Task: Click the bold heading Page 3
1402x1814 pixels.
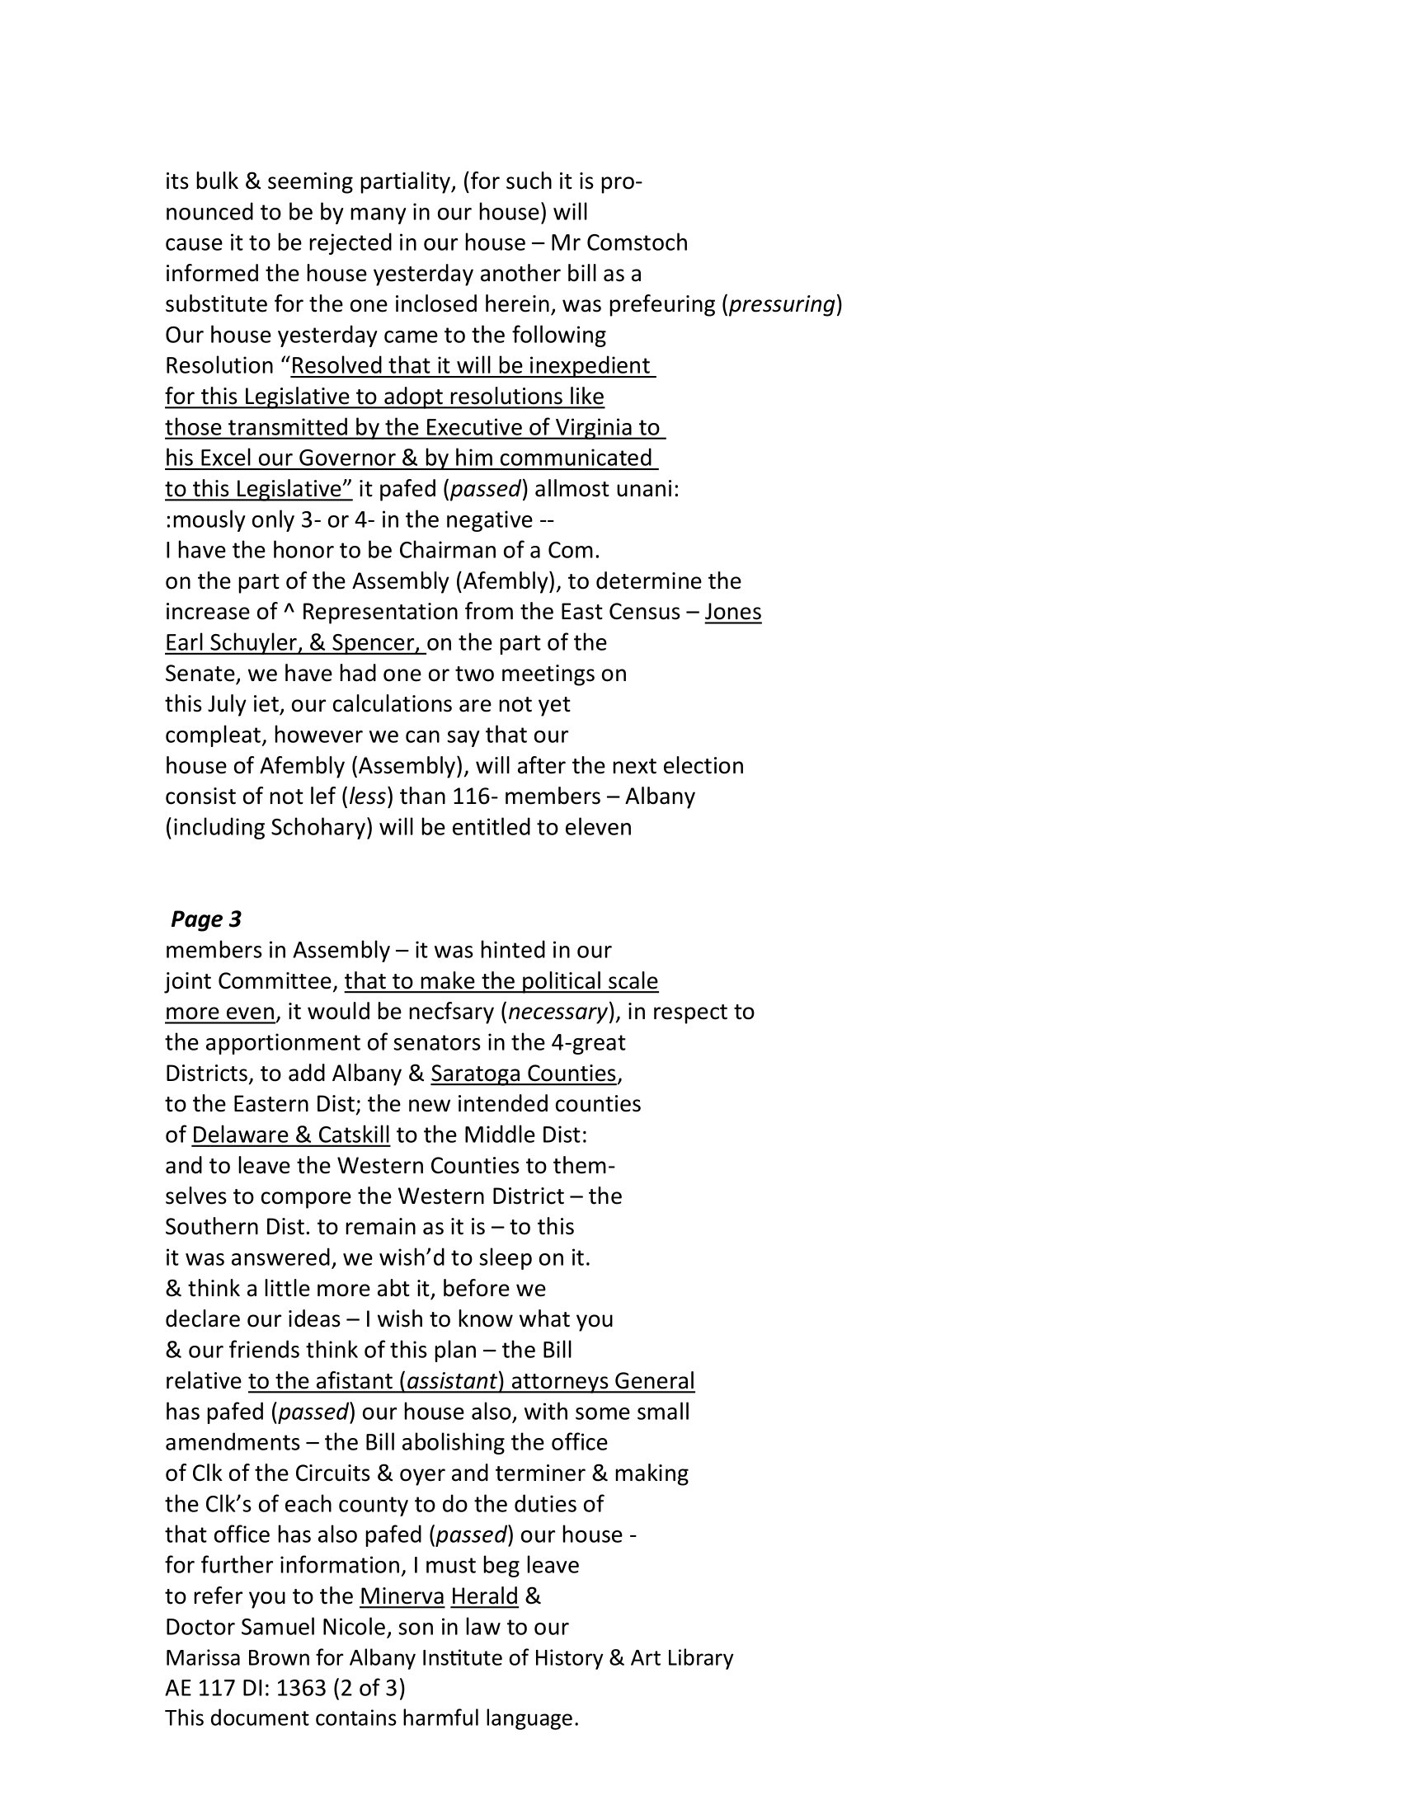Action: coord(206,919)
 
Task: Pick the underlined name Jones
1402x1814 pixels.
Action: coord(732,611)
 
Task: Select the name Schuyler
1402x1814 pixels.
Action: coord(247,642)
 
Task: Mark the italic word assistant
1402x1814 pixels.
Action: coord(451,1380)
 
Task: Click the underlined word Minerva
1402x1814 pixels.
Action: coord(402,1595)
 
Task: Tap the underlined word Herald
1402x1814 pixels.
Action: coord(484,1595)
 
